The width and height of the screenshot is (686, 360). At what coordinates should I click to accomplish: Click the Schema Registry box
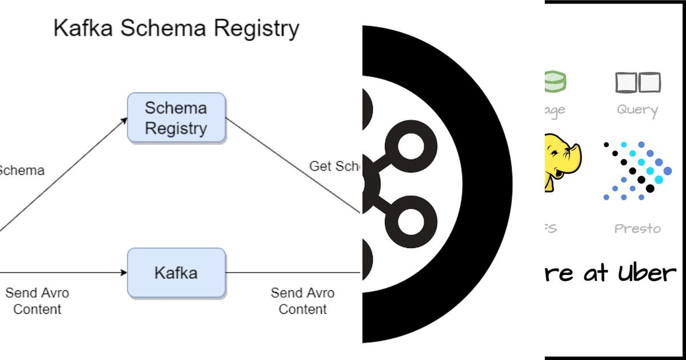pos(176,118)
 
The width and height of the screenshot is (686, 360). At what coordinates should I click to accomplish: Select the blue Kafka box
pos(176,273)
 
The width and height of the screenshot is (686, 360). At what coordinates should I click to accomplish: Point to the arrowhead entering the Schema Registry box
pos(124,120)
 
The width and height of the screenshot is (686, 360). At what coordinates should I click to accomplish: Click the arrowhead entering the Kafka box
pos(123,273)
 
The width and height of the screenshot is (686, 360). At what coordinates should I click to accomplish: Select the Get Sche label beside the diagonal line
pos(335,166)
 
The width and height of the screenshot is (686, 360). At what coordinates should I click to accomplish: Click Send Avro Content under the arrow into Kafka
pos(37,301)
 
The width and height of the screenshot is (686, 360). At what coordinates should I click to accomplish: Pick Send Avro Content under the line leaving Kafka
pos(302,301)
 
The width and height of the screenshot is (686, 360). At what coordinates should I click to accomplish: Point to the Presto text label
pos(637,229)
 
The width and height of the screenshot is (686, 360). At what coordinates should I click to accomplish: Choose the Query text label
pos(637,110)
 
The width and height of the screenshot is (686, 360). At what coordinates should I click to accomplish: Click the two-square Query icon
pos(638,83)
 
